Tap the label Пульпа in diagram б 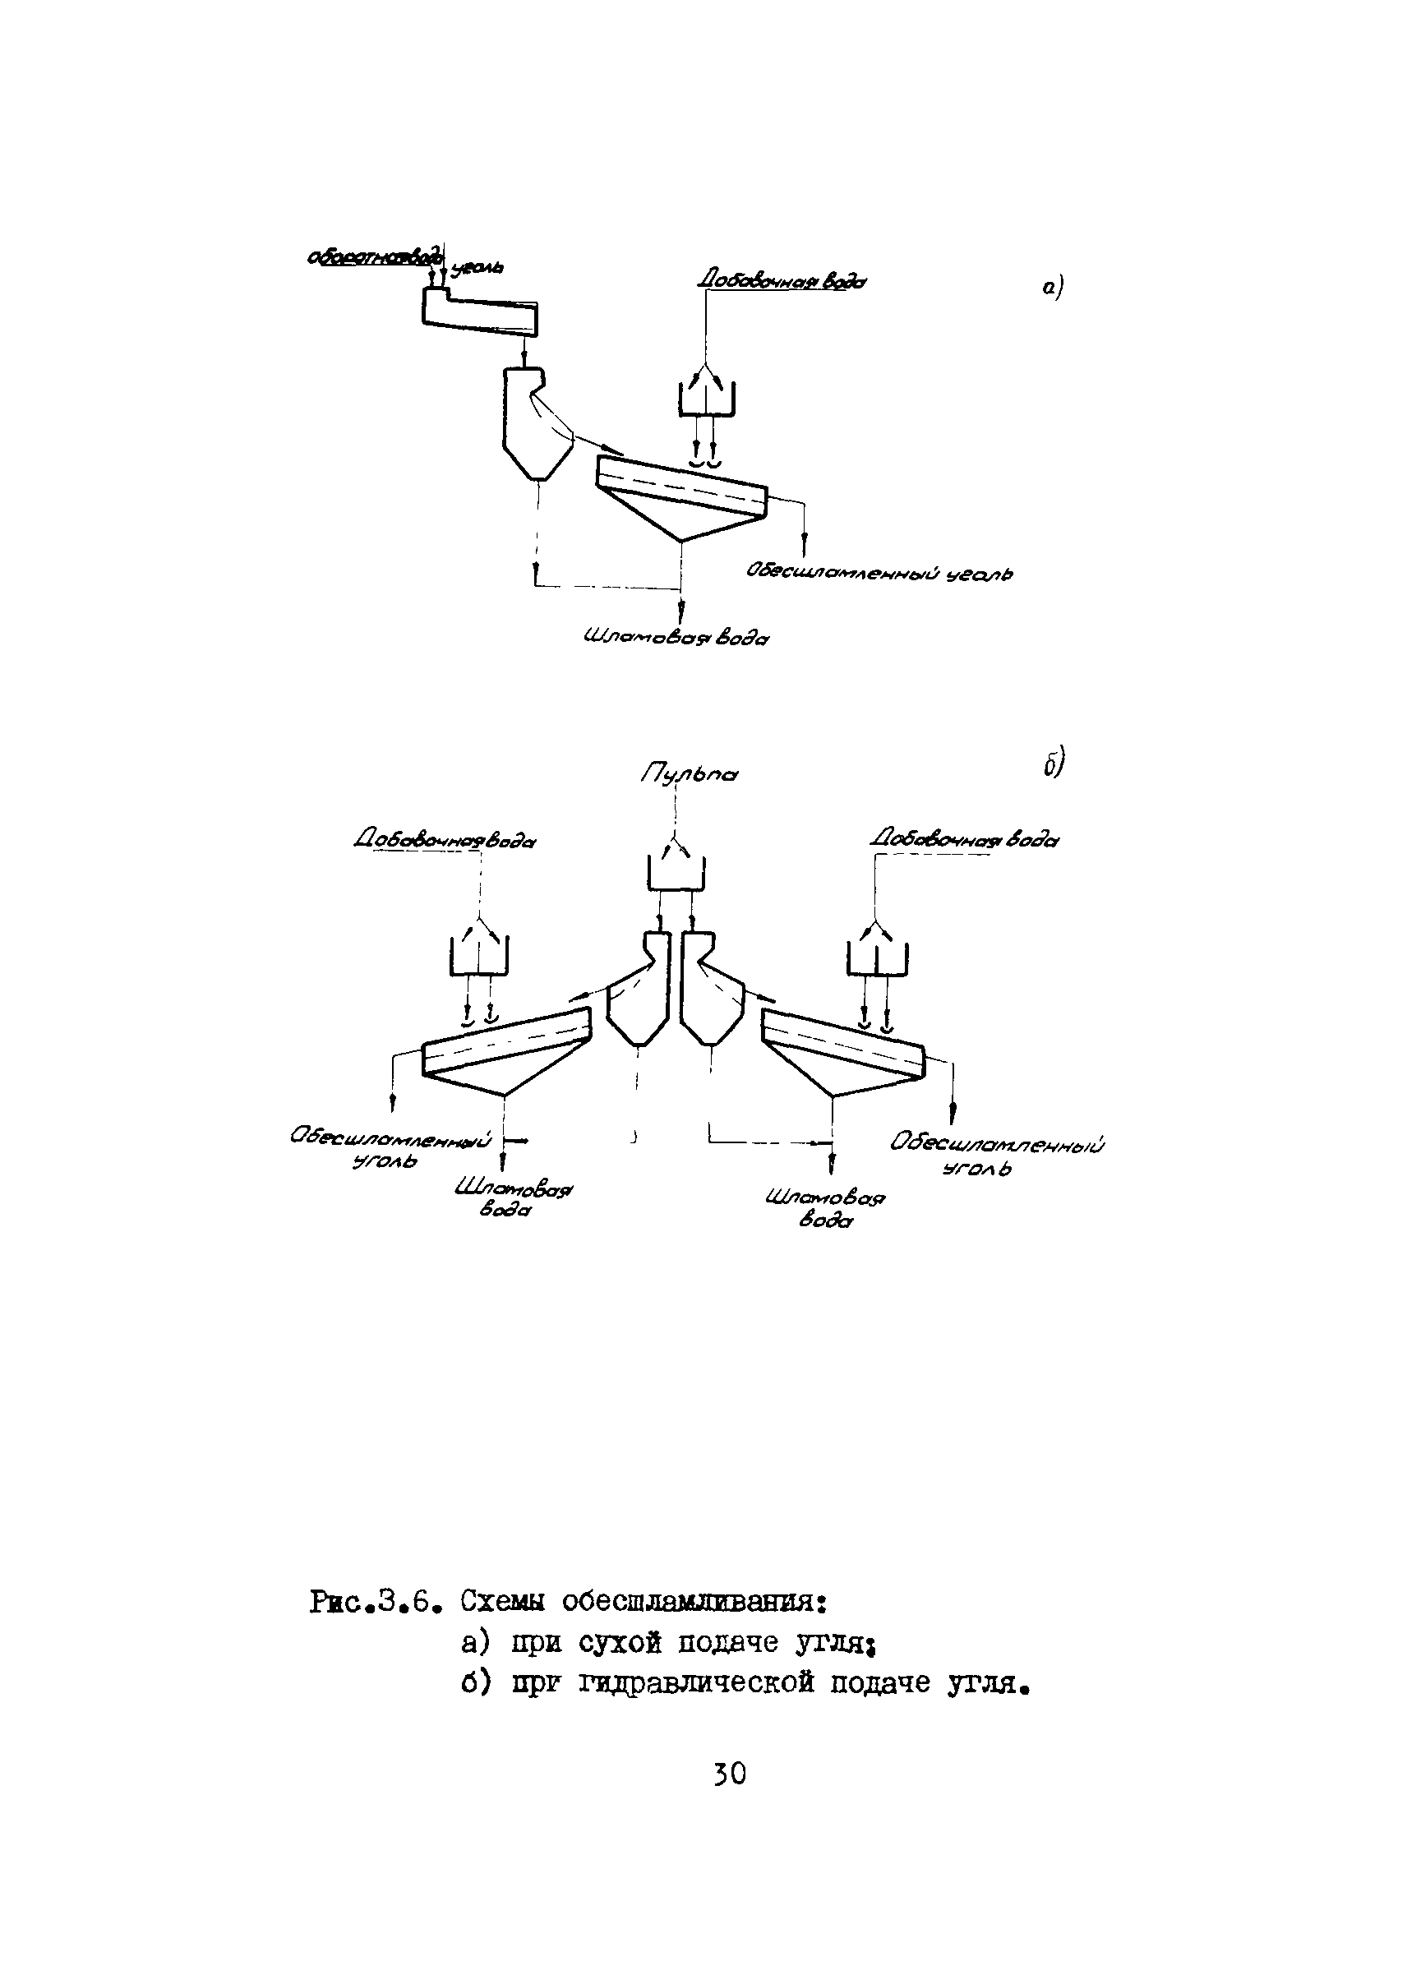[689, 774]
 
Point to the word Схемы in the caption [502, 1600]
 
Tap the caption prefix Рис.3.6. [376, 1601]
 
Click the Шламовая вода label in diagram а [676, 639]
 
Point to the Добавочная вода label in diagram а [782, 281]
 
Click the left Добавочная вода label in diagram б [445, 841]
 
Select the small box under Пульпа [676, 871]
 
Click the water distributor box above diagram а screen [706, 399]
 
